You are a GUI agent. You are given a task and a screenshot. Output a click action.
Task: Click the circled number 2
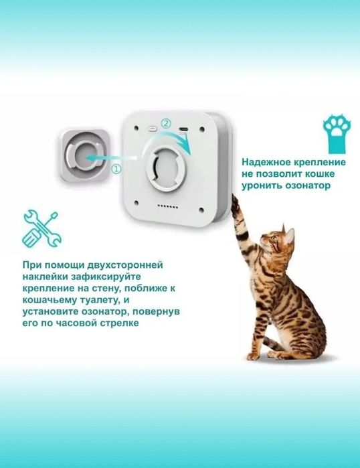tap(167, 123)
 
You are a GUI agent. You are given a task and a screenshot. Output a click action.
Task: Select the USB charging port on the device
tap(183, 127)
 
